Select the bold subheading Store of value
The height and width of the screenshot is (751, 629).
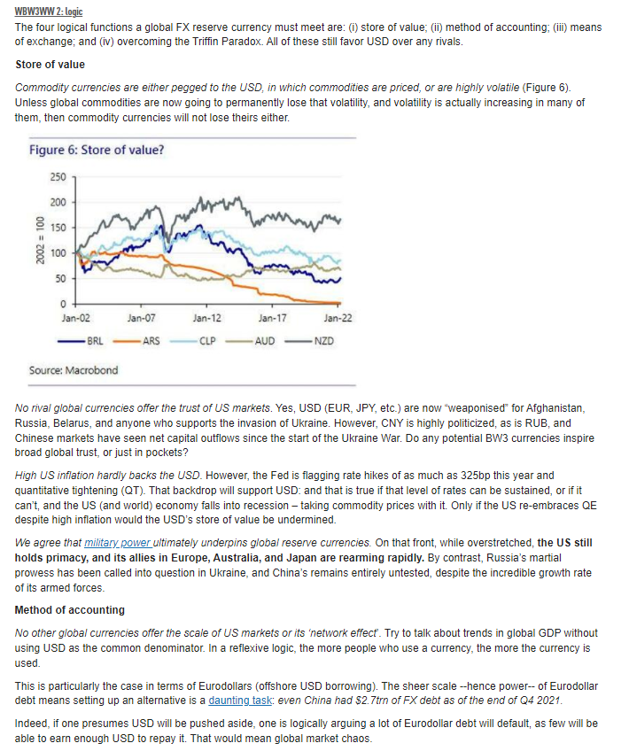pos(50,65)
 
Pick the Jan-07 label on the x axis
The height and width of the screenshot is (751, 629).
pos(142,317)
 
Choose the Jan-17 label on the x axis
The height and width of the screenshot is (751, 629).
pos(272,317)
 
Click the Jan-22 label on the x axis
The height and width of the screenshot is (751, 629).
pos(338,317)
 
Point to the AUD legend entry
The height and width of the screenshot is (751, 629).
pos(264,339)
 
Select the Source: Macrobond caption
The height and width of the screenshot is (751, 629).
pos(73,370)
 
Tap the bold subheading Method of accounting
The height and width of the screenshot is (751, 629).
pos(69,610)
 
